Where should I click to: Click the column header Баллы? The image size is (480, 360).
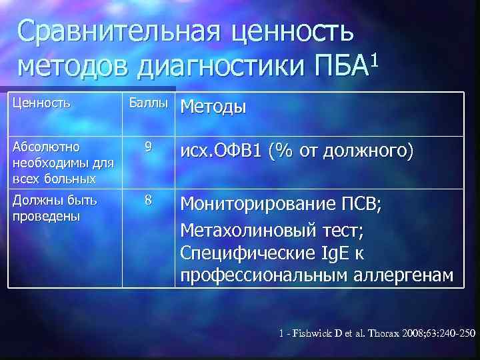coord(148,104)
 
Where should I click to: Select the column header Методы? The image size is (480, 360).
coord(213,106)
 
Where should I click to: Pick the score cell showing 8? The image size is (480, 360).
coord(148,199)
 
